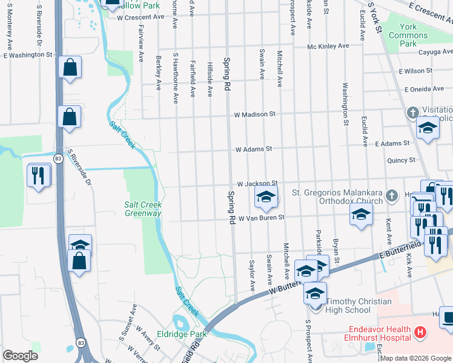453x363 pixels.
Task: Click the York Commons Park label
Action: click(x=409, y=35)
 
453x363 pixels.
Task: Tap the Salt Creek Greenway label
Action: click(x=143, y=209)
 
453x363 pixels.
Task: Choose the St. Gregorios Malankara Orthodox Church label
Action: click(x=338, y=197)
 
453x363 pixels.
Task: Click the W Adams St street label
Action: click(x=254, y=148)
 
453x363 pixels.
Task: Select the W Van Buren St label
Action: click(x=261, y=218)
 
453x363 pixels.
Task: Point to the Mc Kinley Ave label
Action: click(x=328, y=46)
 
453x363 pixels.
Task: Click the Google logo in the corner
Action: click(x=21, y=356)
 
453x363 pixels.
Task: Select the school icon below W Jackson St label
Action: click(x=265, y=197)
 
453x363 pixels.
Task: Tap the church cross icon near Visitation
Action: click(x=412, y=113)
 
